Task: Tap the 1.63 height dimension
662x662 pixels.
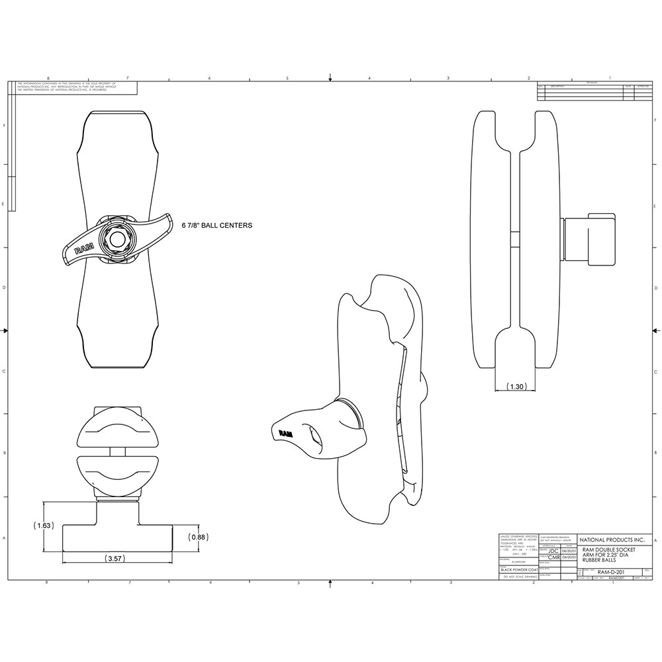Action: click(x=42, y=525)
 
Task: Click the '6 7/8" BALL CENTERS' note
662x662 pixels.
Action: click(x=216, y=226)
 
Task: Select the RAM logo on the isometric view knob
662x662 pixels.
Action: click(x=285, y=433)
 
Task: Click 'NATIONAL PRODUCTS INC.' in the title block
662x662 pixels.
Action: click(x=612, y=540)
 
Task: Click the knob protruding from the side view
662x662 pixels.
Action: click(x=589, y=240)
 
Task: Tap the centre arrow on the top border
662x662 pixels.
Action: click(x=330, y=77)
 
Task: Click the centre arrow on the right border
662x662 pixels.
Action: click(x=656, y=330)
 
